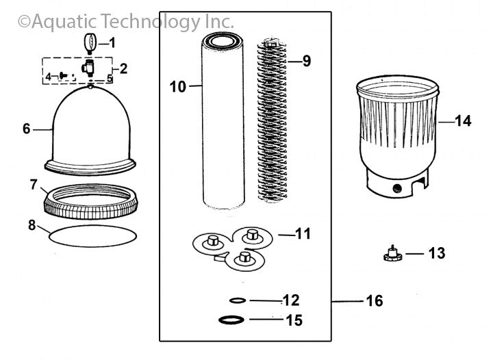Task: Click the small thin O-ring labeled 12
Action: coord(238,300)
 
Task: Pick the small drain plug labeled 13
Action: coord(391,255)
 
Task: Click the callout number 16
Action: coord(375,300)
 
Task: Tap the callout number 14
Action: coord(463,121)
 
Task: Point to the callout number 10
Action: coord(177,86)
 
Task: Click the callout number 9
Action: coord(306,61)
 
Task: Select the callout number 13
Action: coord(436,254)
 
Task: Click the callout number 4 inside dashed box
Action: coord(48,77)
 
